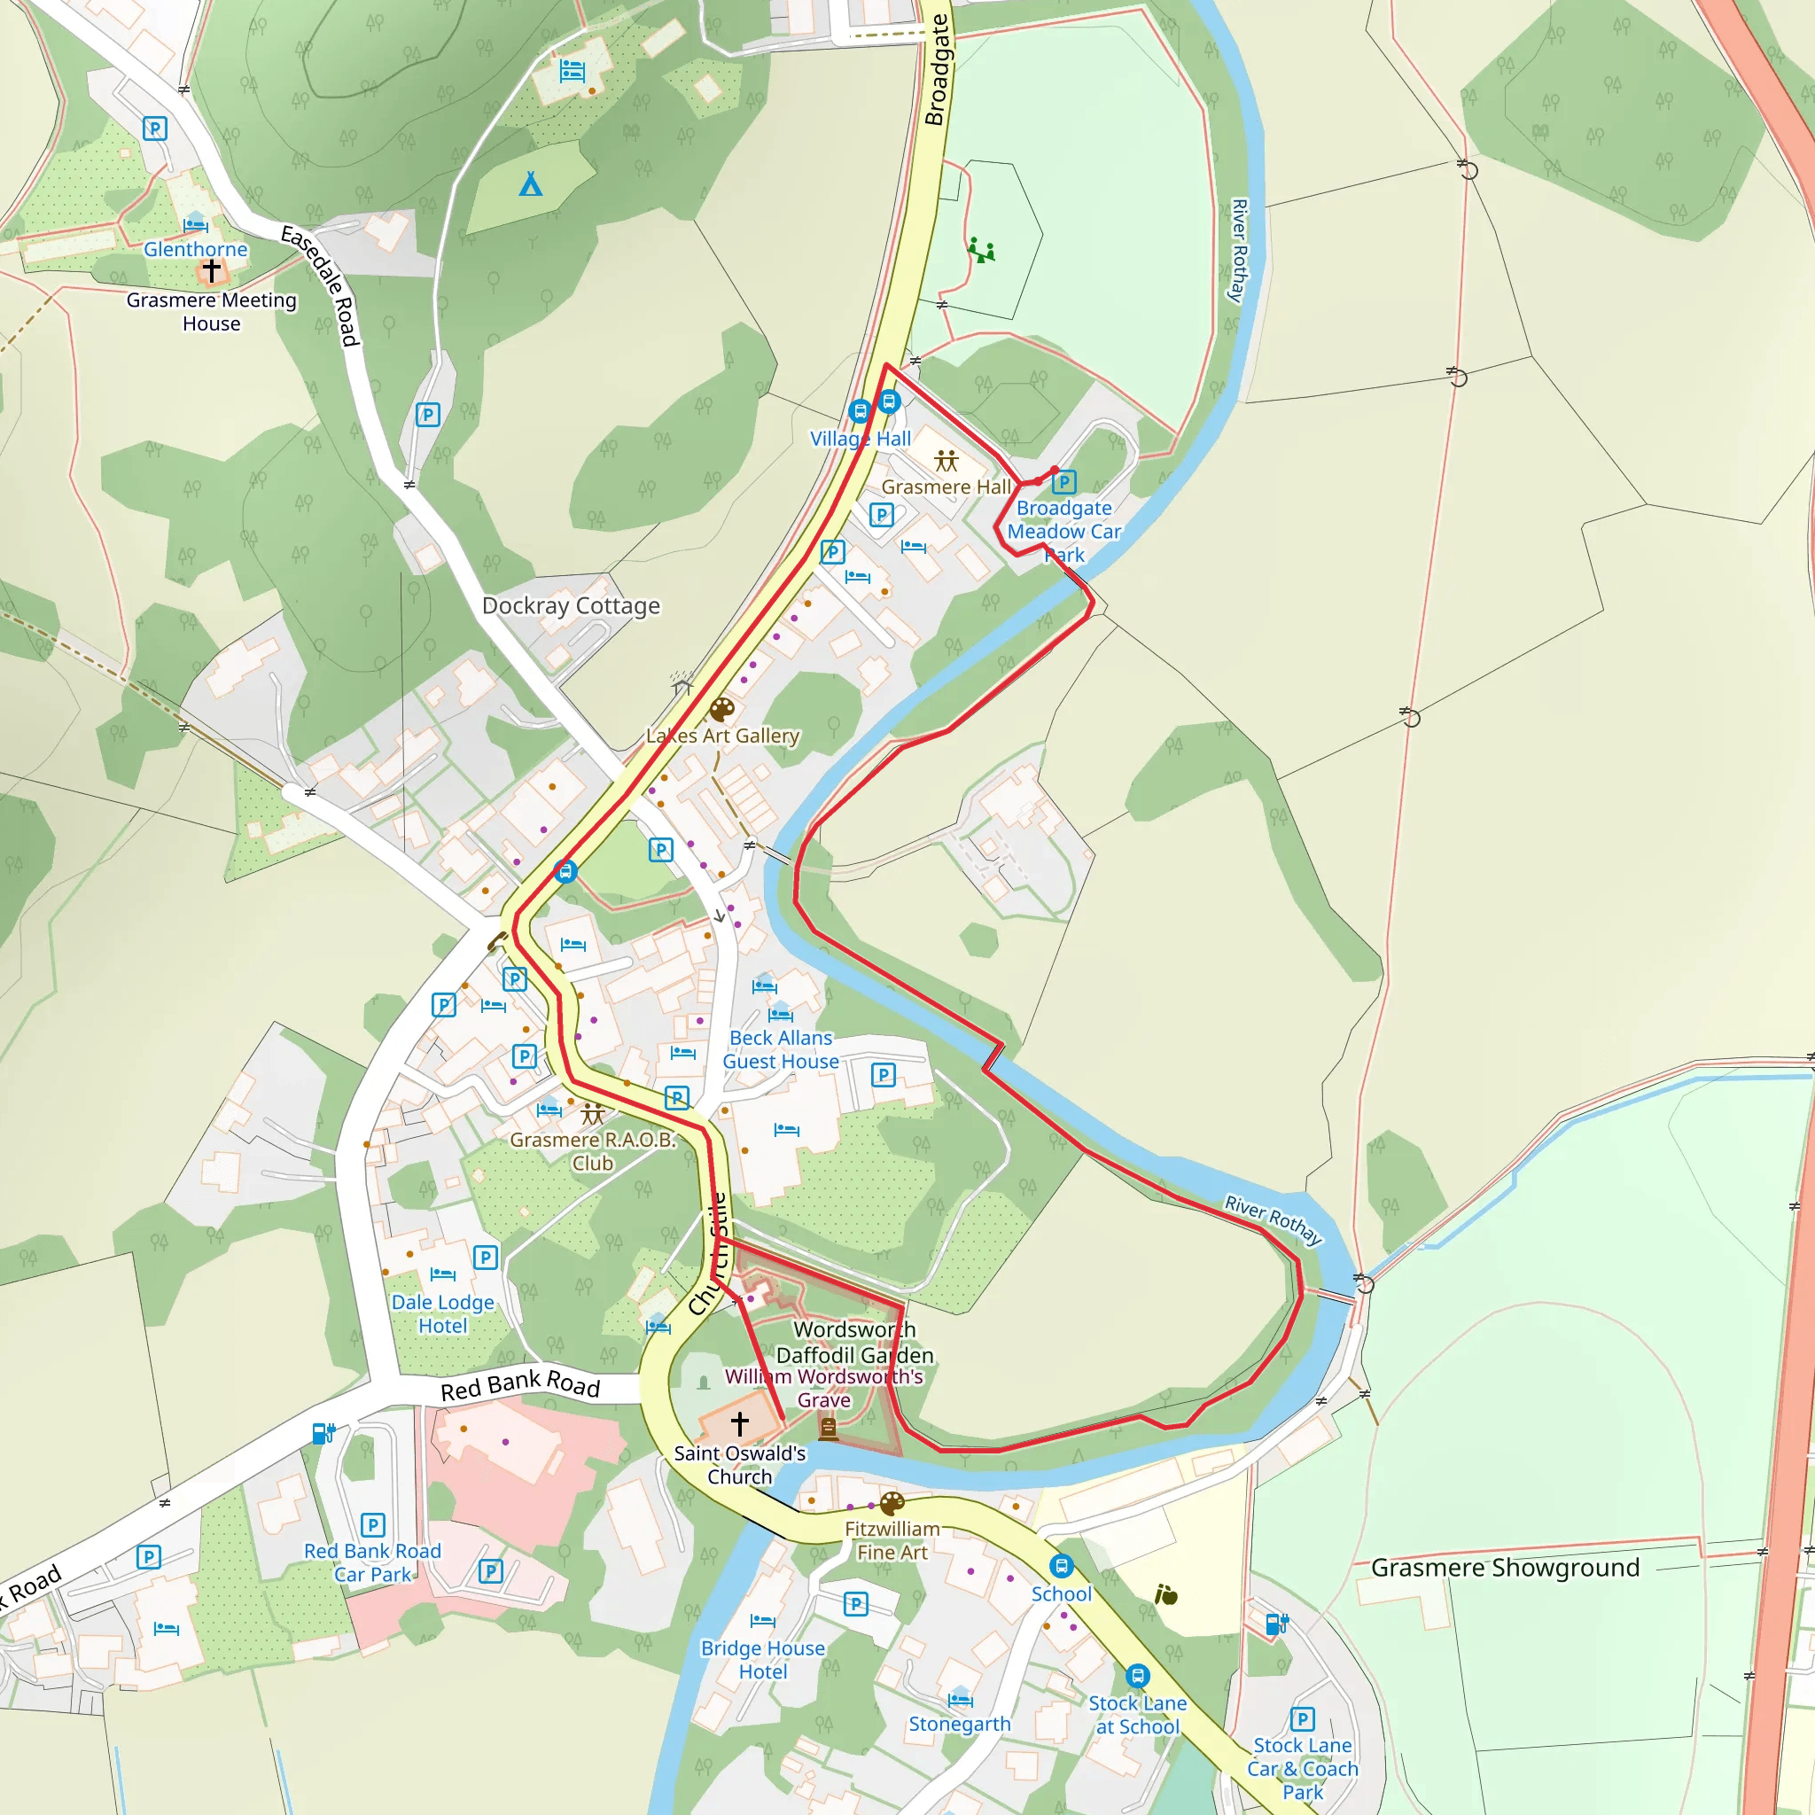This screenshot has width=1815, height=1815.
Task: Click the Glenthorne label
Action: [195, 249]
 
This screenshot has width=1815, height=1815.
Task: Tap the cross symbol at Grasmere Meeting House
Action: [212, 270]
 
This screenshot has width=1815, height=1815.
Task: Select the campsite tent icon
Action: [531, 184]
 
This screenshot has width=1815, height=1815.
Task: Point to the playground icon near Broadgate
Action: [981, 251]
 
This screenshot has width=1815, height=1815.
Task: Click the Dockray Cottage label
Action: [572, 606]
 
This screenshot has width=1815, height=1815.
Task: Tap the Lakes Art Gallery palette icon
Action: [721, 709]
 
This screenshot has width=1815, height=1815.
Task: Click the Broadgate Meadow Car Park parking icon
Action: [1063, 483]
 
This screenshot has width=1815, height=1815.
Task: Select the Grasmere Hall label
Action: [946, 487]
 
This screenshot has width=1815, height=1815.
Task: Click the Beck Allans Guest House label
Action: [781, 1049]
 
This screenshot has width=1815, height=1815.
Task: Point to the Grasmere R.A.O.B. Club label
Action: [593, 1151]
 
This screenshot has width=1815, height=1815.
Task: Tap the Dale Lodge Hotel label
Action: [442, 1313]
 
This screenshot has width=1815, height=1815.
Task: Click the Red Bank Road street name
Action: [519, 1385]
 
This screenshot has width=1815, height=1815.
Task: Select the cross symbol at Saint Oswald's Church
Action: [739, 1423]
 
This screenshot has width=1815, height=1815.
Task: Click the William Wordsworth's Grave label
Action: [824, 1388]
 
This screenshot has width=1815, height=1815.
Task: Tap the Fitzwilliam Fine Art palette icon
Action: [892, 1503]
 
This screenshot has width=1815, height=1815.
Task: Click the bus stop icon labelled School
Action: [1061, 1566]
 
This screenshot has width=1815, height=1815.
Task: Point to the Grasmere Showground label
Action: [1505, 1568]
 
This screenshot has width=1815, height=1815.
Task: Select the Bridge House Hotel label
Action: [763, 1659]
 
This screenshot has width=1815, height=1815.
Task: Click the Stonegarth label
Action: [959, 1724]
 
